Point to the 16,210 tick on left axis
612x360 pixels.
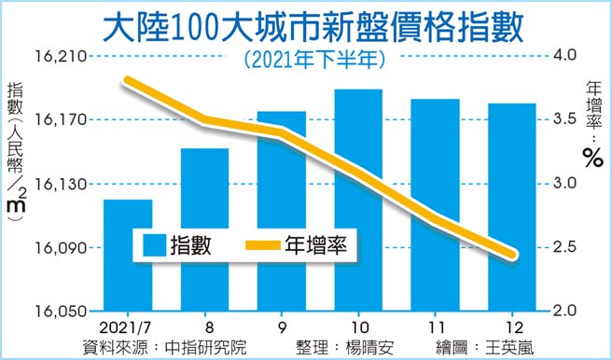(61, 57)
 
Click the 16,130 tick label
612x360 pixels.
(61, 185)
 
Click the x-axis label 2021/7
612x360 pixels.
(128, 328)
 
